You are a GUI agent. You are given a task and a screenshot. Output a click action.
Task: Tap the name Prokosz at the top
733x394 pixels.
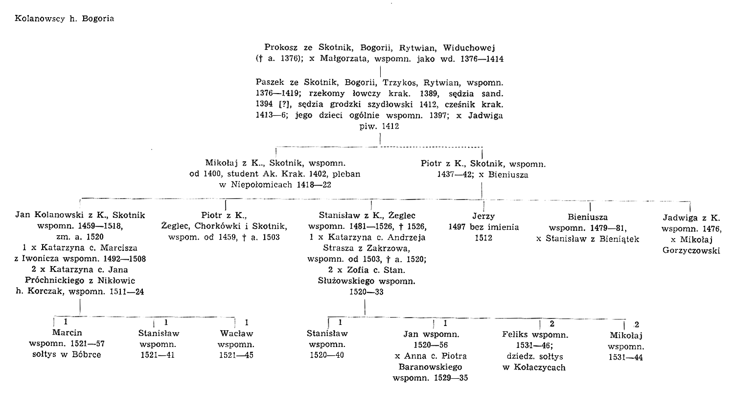click(x=281, y=48)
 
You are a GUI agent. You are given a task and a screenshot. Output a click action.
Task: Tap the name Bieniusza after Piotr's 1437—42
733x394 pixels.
click(x=508, y=175)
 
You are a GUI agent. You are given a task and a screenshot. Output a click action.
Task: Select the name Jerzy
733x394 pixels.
click(x=483, y=216)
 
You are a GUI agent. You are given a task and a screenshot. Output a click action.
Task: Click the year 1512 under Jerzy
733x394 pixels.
click(x=483, y=238)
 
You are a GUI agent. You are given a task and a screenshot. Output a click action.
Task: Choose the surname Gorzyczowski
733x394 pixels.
click(x=691, y=251)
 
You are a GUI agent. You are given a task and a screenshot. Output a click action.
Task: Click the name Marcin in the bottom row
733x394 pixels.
click(x=67, y=333)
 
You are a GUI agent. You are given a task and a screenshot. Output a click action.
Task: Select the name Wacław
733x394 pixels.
click(x=236, y=334)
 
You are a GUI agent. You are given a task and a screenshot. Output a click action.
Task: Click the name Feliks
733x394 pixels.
click(x=515, y=335)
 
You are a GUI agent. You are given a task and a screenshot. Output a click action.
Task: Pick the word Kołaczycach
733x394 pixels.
click(x=539, y=368)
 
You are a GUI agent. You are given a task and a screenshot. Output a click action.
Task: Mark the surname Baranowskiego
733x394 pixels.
click(x=430, y=367)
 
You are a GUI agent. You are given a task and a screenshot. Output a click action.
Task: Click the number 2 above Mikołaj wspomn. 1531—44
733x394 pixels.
click(x=637, y=325)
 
